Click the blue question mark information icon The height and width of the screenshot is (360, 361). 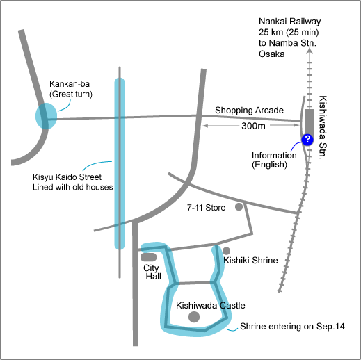[x=307, y=140]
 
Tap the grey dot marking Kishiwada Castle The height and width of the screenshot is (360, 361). [x=194, y=317]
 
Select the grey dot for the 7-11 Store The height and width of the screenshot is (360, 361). [x=239, y=206]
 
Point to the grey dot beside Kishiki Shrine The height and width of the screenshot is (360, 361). [x=226, y=251]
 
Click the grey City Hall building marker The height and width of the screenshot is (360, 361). [x=148, y=257]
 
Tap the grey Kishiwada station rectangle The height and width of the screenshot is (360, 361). [x=310, y=124]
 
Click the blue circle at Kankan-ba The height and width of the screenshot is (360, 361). [x=46, y=116]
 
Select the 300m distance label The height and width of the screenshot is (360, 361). [x=253, y=126]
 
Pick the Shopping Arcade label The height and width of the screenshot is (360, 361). [x=249, y=111]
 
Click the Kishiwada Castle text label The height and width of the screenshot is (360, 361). [x=211, y=306]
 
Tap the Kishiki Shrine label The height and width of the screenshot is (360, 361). [x=250, y=261]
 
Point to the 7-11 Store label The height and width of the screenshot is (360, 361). [x=206, y=208]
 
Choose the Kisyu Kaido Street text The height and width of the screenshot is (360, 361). [x=67, y=177]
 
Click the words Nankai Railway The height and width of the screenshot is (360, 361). [x=290, y=22]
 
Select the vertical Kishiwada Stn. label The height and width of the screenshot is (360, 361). [x=323, y=127]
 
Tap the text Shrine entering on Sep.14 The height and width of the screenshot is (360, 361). [x=292, y=327]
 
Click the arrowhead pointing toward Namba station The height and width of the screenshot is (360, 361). [x=310, y=51]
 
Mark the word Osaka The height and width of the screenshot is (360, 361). [x=272, y=54]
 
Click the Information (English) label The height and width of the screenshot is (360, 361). [x=274, y=160]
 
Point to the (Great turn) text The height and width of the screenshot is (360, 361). [x=71, y=95]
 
